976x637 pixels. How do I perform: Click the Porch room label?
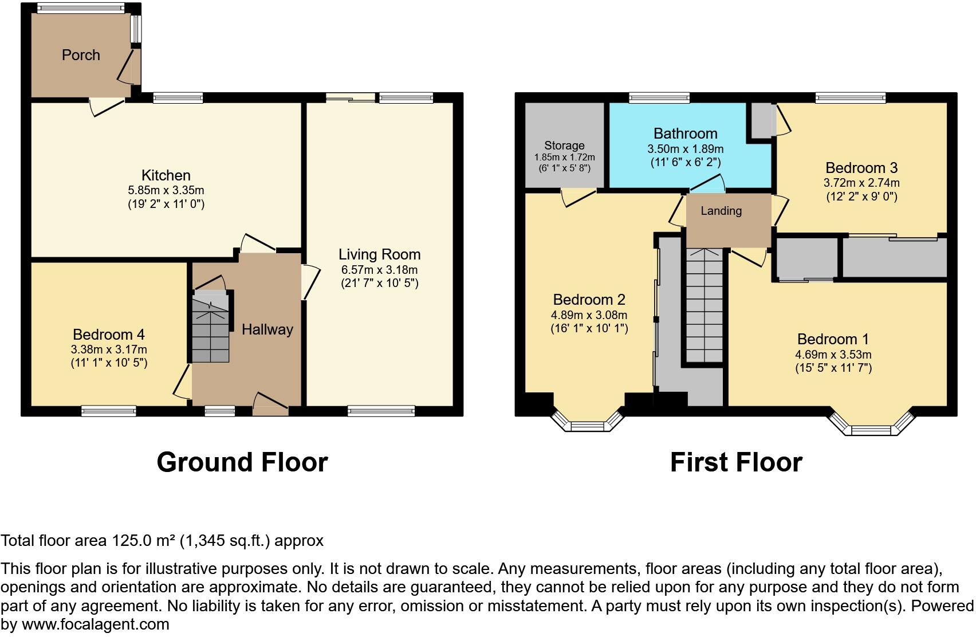pos(81,55)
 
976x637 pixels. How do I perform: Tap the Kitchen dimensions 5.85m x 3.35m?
pos(166,190)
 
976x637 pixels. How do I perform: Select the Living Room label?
pos(379,254)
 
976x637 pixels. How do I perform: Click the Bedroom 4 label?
pos(109,334)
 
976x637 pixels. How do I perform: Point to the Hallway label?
pos(267,329)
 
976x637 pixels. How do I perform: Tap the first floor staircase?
pos(704,306)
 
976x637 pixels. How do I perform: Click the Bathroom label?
pos(685,133)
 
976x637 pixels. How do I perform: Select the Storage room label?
pos(564,146)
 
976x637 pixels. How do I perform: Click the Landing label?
pos(721,211)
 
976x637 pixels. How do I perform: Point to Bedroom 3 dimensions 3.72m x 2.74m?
pos(861,183)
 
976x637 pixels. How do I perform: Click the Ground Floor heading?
pos(242,462)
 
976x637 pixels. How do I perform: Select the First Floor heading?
pos(736,462)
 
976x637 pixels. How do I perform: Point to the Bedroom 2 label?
pos(589,300)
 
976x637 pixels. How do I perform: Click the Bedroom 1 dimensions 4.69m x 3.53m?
pos(833,355)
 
